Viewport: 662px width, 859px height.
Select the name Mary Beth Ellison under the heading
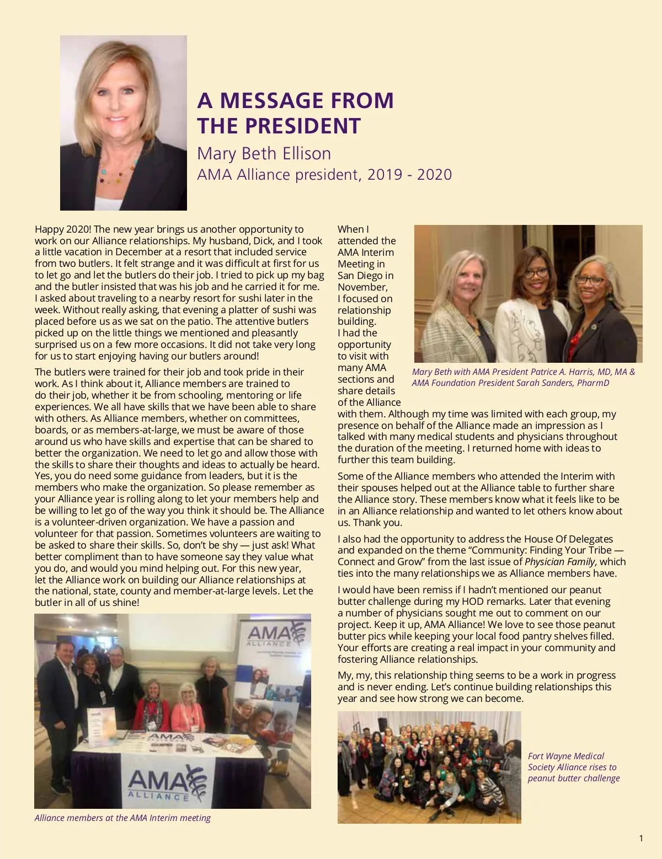264,153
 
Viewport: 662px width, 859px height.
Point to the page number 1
640,839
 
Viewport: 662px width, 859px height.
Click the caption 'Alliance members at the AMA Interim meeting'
122,818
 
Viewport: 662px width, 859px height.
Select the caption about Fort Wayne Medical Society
573,767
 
